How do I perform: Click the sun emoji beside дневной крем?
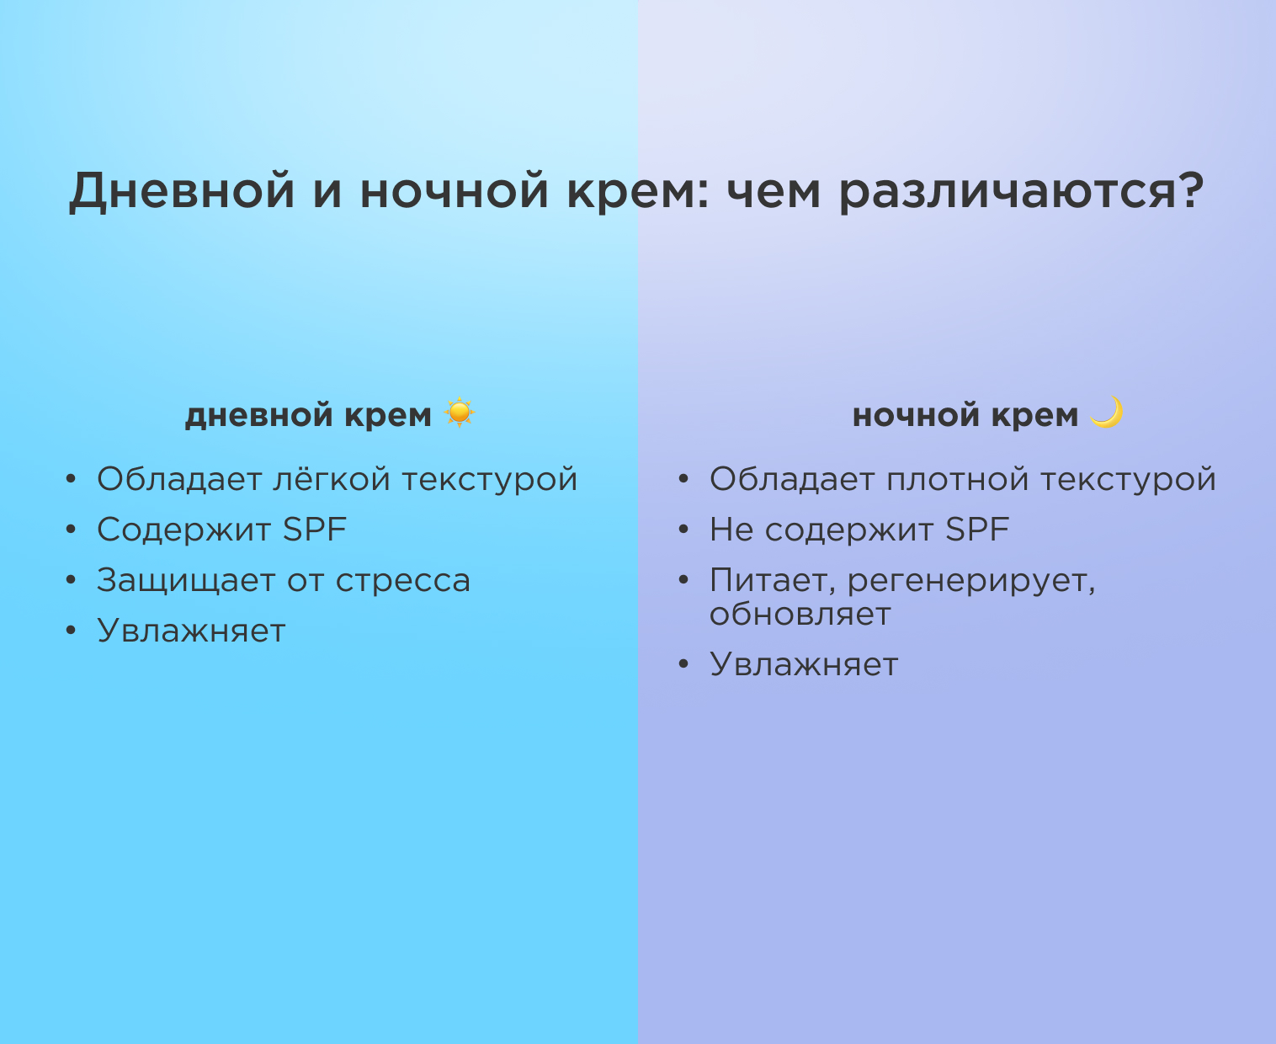point(460,413)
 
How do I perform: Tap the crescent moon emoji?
point(1107,413)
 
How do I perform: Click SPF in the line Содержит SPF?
point(315,530)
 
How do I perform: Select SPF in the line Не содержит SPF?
point(977,530)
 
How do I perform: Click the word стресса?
point(403,582)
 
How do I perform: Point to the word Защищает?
point(186,582)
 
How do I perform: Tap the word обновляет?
point(800,615)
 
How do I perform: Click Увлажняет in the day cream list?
point(191,631)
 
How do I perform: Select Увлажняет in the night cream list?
point(804,665)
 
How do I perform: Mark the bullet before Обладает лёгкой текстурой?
point(71,479)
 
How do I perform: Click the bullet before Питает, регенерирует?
point(683,580)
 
